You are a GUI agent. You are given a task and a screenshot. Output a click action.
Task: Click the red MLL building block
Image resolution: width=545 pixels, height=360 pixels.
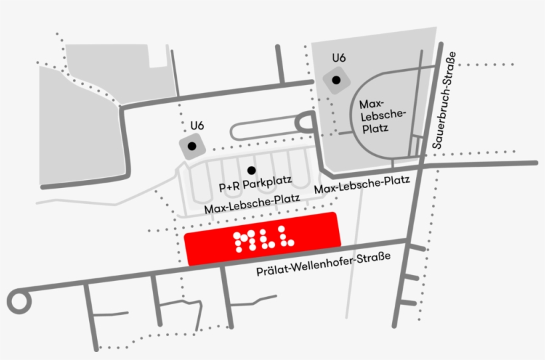tap(263, 239)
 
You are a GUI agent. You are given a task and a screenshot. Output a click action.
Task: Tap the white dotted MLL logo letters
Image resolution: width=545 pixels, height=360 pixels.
tap(263, 239)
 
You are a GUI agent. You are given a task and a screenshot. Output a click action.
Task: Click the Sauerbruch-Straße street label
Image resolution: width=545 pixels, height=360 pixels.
tap(444, 100)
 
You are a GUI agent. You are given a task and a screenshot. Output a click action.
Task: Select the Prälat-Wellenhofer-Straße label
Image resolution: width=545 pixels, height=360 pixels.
tap(323, 264)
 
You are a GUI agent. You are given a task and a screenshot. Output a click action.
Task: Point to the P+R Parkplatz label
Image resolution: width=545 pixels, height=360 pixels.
tap(255, 183)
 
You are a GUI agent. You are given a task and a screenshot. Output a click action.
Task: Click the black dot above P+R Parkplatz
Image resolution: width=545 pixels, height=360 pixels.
tap(251, 170)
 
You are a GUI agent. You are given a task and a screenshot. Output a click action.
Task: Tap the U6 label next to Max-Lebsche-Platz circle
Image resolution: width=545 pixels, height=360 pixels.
tap(339, 58)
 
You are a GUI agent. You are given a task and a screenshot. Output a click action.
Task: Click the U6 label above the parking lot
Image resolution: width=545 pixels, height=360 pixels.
tap(197, 126)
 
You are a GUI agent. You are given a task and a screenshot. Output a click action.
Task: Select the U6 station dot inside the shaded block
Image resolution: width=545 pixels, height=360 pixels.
tap(336, 80)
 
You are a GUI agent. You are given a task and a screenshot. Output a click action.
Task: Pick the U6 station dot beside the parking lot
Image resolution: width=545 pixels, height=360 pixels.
tap(192, 146)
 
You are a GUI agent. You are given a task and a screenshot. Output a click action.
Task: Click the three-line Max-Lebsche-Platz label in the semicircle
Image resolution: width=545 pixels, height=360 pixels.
tap(381, 116)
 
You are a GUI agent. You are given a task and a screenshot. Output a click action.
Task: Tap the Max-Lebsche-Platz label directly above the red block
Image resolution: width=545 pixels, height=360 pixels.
tap(252, 204)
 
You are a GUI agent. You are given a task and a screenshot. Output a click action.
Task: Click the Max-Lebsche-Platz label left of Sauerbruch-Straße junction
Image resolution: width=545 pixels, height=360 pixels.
tap(362, 184)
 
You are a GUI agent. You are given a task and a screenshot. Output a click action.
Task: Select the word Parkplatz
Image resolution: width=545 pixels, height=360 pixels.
tap(267, 183)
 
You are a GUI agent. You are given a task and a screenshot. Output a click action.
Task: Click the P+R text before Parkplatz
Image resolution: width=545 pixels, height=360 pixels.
tap(229, 186)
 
